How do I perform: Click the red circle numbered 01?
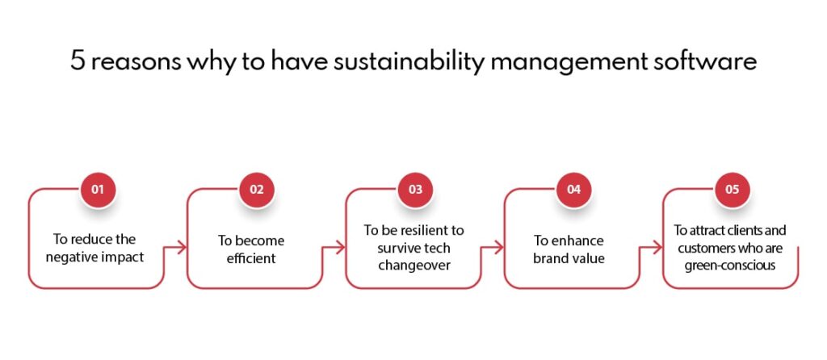[x=98, y=189]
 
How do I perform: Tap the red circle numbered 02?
[x=256, y=189]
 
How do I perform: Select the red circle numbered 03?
[x=415, y=189]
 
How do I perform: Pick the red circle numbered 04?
[x=573, y=189]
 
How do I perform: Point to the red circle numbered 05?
[x=732, y=189]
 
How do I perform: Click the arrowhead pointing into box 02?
[x=182, y=247]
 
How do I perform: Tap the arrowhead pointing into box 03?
[x=341, y=247]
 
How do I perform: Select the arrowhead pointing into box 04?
[x=499, y=247]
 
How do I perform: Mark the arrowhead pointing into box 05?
[x=657, y=247]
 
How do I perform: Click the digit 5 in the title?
[x=78, y=61]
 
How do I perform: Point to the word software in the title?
[x=713, y=61]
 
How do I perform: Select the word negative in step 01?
[x=67, y=259]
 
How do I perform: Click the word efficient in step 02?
[x=252, y=259]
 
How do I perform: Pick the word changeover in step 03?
[x=414, y=265]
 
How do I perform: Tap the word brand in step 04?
[x=549, y=259]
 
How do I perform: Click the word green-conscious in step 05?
[x=730, y=265]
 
